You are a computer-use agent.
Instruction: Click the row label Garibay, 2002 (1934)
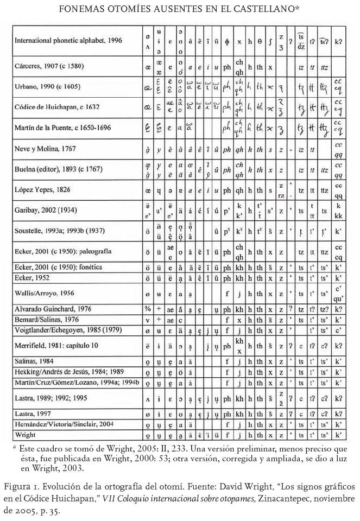point(46,210)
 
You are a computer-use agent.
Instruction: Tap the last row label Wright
point(26,435)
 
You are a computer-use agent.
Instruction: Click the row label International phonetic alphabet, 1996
point(68,40)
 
